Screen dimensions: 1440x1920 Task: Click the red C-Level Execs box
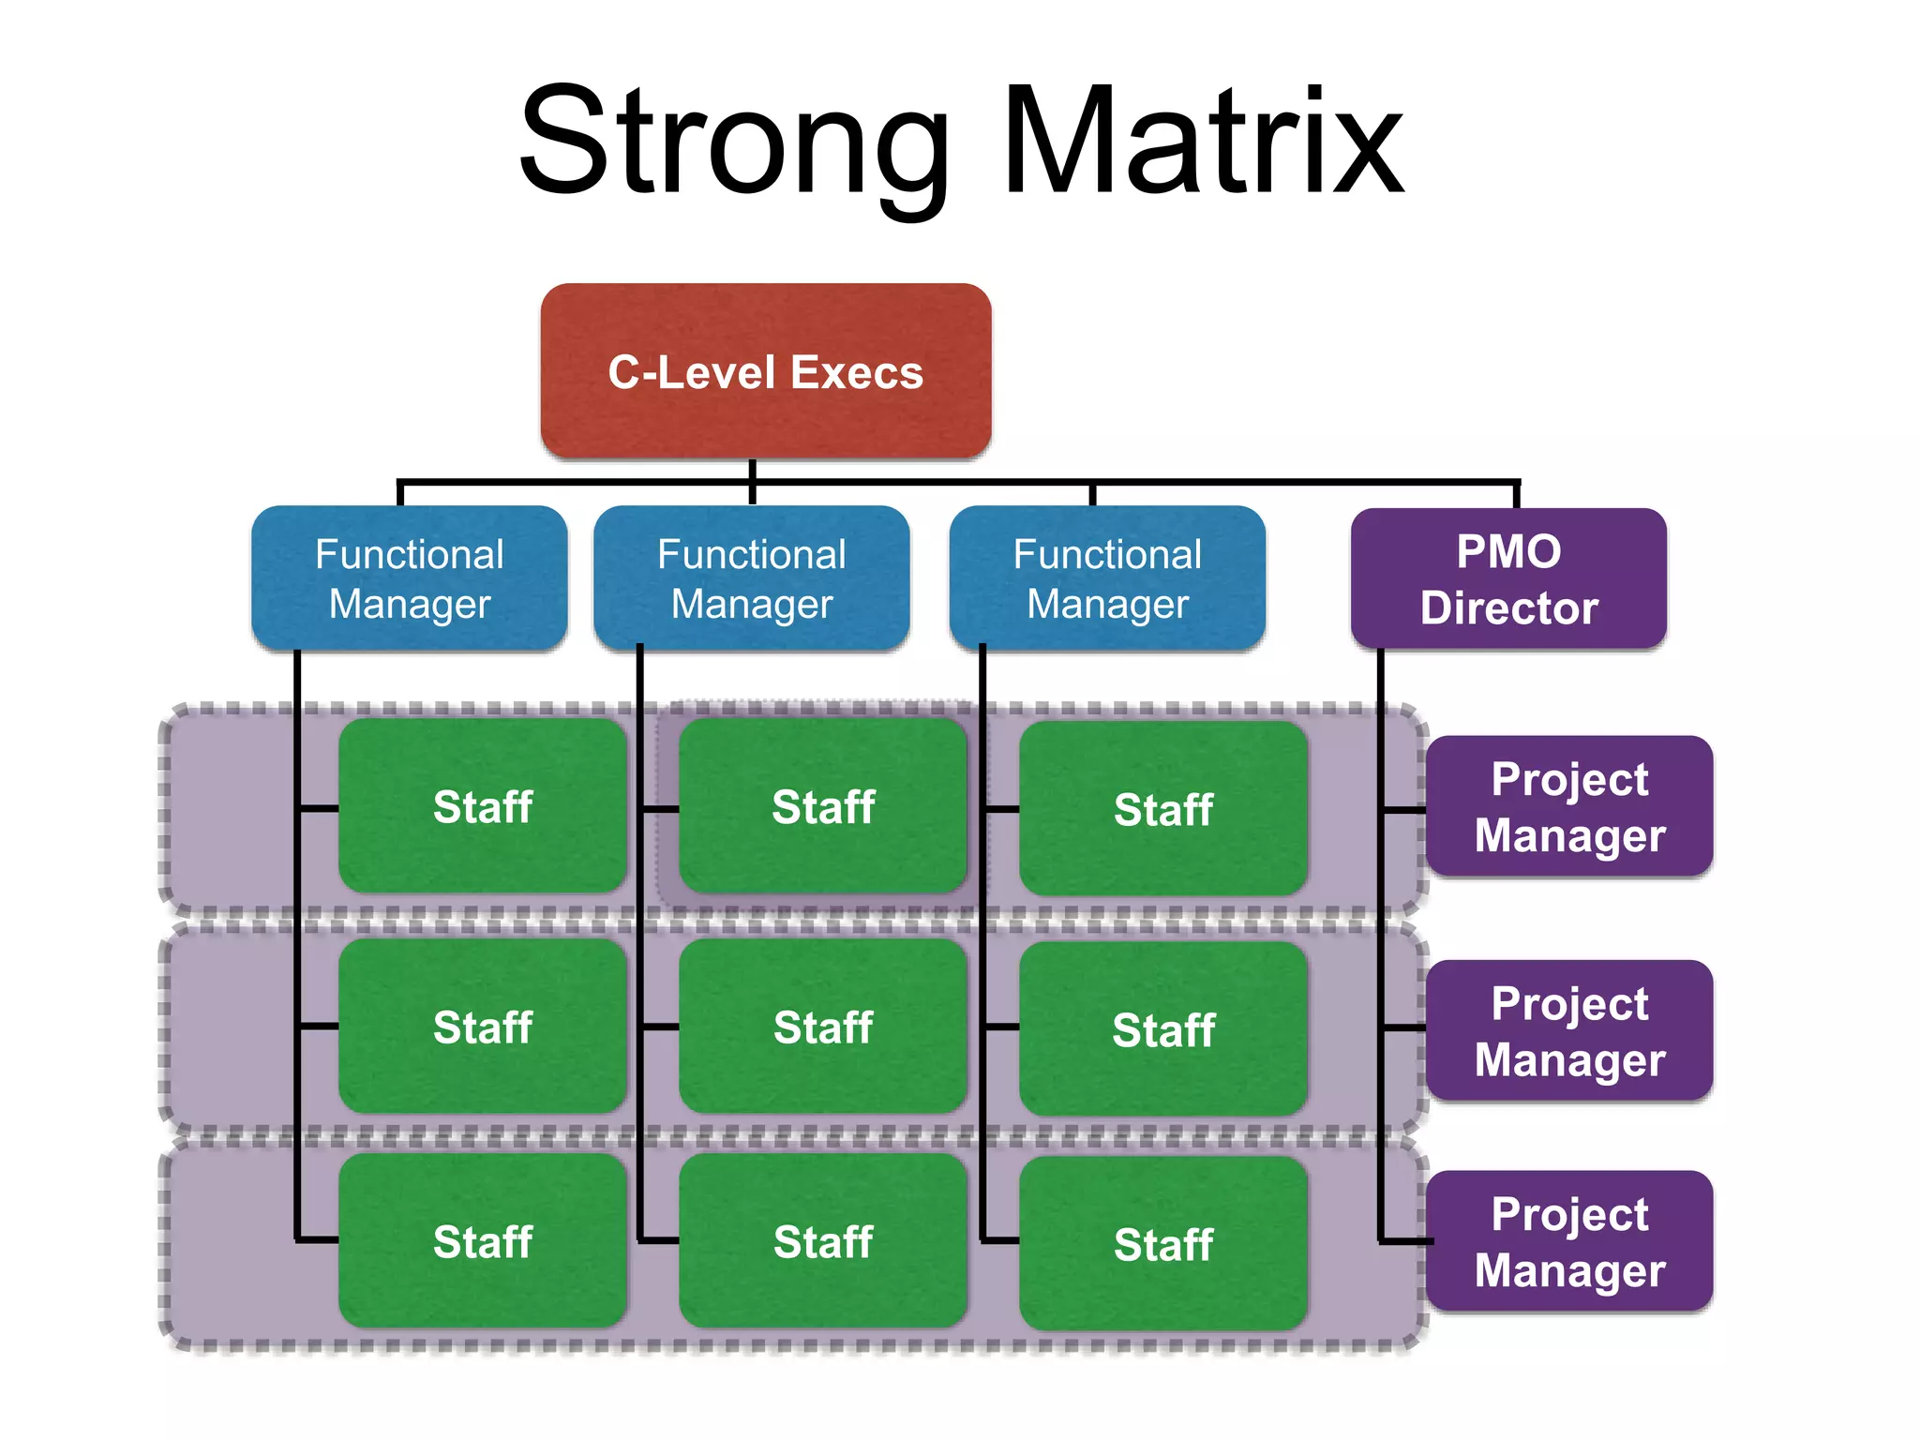pyautogui.click(x=765, y=370)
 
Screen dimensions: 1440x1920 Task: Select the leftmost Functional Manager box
pyautogui.click(x=409, y=577)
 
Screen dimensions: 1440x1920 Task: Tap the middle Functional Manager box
pyautogui.click(x=751, y=577)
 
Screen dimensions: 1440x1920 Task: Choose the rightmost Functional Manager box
pyautogui.click(x=1106, y=577)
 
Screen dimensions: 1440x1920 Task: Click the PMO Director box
pyautogui.click(x=1507, y=577)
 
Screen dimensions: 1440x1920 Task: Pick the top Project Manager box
pyautogui.click(x=1568, y=806)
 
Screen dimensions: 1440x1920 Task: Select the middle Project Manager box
pyautogui.click(x=1568, y=1030)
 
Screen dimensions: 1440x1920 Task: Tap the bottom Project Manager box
pyautogui.click(x=1568, y=1241)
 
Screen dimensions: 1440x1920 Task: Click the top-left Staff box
pyautogui.click(x=482, y=806)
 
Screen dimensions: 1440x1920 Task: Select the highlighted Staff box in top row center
pyautogui.click(x=822, y=806)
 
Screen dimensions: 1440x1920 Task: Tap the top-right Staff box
pyautogui.click(x=1162, y=809)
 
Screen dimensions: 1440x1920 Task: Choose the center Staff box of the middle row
pyautogui.click(x=822, y=1027)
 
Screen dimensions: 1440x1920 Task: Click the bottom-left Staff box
pyautogui.click(x=482, y=1241)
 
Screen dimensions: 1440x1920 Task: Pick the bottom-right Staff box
pyautogui.click(x=1162, y=1244)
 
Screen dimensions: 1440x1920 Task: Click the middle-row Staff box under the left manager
pyautogui.click(x=482, y=1027)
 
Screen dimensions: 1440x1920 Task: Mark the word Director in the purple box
pyautogui.click(x=1507, y=607)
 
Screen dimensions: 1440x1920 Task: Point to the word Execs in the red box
pyautogui.click(x=856, y=372)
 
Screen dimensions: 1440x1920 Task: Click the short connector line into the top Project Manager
pyautogui.click(x=1404, y=809)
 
